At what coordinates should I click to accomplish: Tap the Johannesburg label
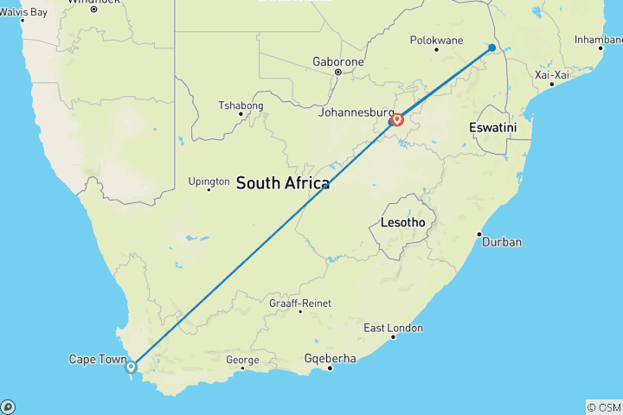(356, 113)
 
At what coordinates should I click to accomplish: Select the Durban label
(502, 242)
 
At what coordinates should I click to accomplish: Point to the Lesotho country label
(402, 223)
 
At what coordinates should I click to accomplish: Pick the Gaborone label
(337, 62)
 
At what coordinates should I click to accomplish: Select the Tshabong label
(240, 107)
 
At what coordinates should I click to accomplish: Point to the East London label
(393, 329)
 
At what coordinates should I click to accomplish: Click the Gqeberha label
(330, 359)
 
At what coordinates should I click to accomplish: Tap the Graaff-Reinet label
(299, 303)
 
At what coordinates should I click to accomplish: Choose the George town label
(242, 361)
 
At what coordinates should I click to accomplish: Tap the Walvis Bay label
(23, 12)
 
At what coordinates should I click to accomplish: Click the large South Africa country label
(282, 183)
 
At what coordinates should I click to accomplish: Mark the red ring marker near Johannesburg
(397, 119)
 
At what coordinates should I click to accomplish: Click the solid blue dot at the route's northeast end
(491, 48)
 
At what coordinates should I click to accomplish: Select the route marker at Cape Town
(131, 367)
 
